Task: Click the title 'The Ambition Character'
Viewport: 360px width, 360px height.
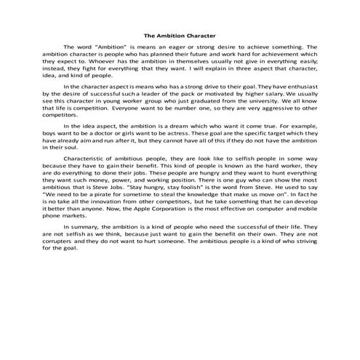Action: pyautogui.click(x=180, y=34)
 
